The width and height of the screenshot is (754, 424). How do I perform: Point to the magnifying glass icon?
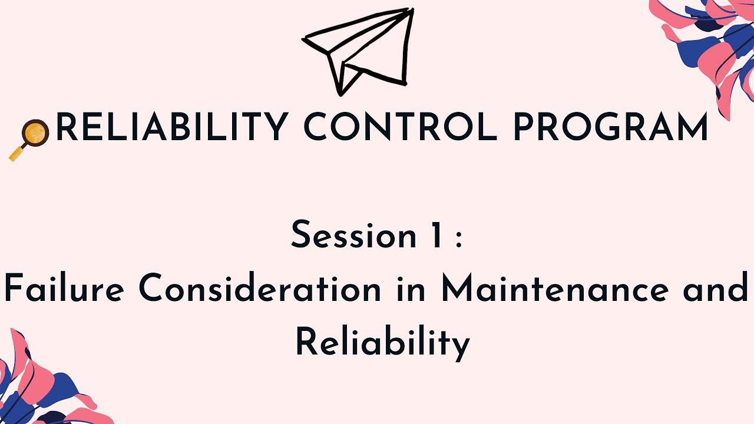pyautogui.click(x=29, y=138)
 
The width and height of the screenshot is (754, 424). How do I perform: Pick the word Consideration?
pyautogui.click(x=260, y=289)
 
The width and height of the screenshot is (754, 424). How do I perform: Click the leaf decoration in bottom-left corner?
pyautogui.click(x=35, y=383)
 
